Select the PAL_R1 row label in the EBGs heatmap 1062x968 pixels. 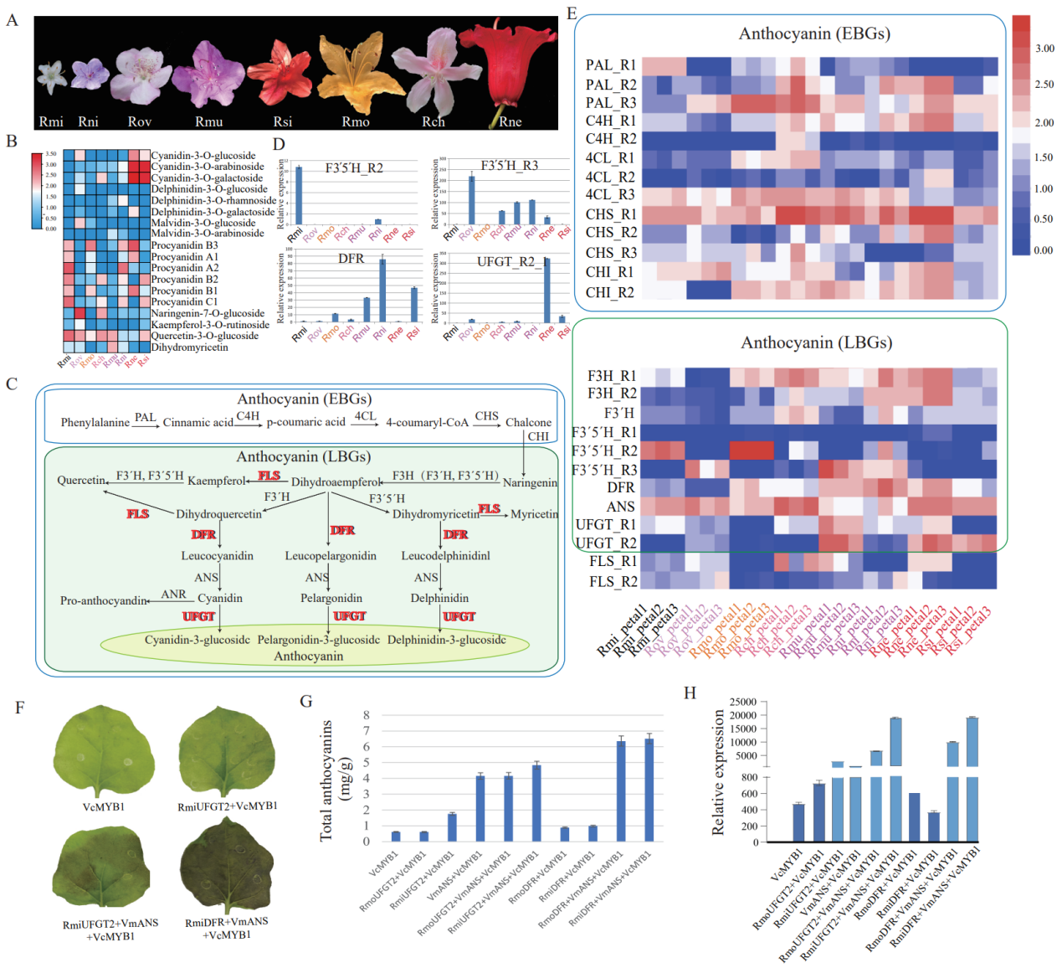(x=610, y=65)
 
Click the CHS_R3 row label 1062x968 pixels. (x=610, y=253)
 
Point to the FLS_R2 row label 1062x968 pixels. (x=613, y=581)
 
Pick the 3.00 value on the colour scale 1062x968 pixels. (x=1044, y=49)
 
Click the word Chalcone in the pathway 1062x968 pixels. (x=528, y=423)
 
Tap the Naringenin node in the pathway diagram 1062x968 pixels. (x=530, y=482)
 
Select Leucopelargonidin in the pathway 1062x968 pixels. (x=331, y=556)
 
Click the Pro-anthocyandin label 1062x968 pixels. (x=104, y=600)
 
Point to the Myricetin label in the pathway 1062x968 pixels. (x=534, y=514)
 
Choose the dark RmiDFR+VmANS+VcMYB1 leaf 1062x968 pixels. (x=227, y=867)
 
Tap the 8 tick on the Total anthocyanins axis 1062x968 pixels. (x=366, y=715)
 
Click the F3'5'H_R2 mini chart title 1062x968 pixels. (x=354, y=168)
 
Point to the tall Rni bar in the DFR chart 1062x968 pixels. (x=382, y=290)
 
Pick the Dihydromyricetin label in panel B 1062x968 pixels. (x=189, y=348)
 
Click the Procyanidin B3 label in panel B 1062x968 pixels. (x=184, y=245)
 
